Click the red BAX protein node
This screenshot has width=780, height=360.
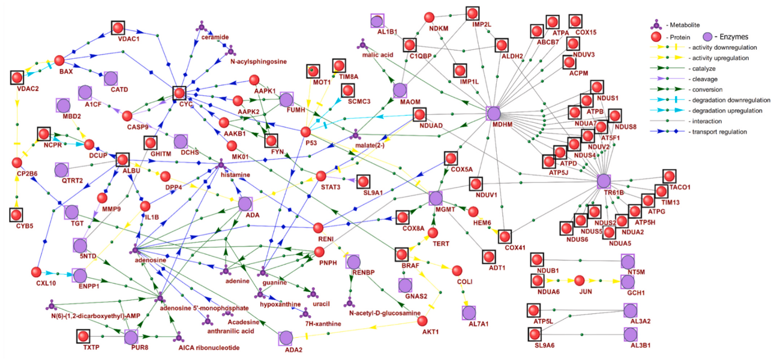click(x=59, y=61)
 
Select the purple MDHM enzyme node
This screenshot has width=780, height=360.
click(x=493, y=113)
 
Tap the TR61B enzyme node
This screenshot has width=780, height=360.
click(x=604, y=181)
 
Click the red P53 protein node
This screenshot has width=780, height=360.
click(x=306, y=131)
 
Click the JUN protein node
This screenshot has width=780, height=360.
click(x=579, y=280)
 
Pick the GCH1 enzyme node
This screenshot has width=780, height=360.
click(x=628, y=281)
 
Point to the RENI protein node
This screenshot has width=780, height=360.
click(x=319, y=227)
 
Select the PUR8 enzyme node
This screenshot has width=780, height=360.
click(x=131, y=337)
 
